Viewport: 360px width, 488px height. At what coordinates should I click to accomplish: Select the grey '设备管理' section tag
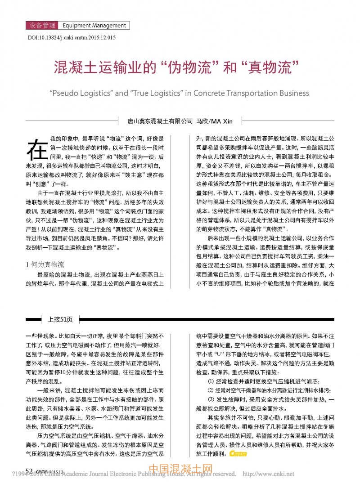point(43,26)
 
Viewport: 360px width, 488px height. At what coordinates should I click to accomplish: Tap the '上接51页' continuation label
point(60,320)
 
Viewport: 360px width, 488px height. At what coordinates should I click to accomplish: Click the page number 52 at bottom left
point(29,470)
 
